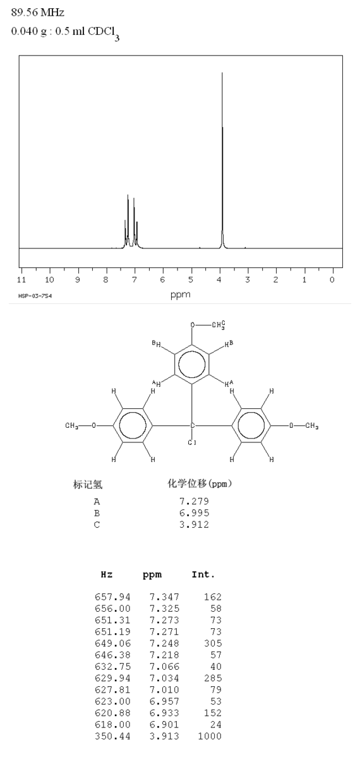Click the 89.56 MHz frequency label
click(38, 13)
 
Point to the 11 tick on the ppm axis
click(21, 279)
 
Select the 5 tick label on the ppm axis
click(191, 279)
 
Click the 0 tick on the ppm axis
click(332, 279)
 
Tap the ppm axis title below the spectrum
click(181, 294)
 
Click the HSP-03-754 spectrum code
click(35, 296)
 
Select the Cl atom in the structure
click(192, 442)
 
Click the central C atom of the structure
click(193, 425)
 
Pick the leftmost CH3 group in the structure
click(71, 426)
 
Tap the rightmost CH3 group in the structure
click(312, 426)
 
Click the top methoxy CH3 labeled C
click(219, 325)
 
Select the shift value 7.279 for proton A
click(194, 501)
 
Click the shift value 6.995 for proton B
click(194, 513)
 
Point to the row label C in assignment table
click(97, 525)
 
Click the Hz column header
click(107, 574)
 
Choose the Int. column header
click(203, 574)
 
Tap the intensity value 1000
click(210, 736)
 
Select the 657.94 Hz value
click(112, 597)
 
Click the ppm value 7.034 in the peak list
click(164, 678)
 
